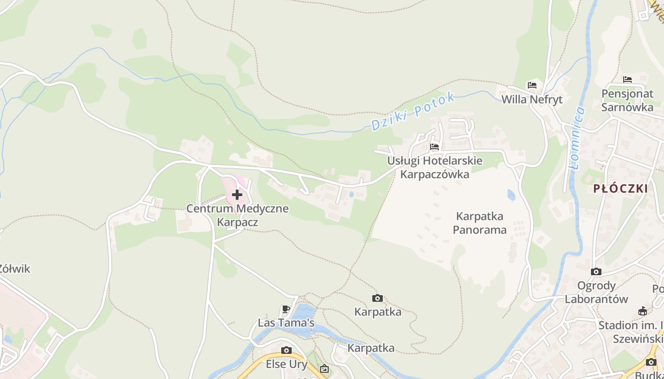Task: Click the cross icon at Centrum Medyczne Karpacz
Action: point(237,194)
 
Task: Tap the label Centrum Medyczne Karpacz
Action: point(237,215)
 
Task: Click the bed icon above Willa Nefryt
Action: point(532,85)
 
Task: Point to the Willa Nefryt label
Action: point(532,99)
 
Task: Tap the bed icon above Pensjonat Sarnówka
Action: point(627,79)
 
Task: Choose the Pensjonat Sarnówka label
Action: point(627,100)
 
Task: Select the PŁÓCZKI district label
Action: point(620,189)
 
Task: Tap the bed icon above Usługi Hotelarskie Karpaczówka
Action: point(434,146)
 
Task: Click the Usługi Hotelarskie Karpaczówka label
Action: point(434,167)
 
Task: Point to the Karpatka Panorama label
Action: point(480,223)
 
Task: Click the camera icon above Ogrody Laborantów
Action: point(596,272)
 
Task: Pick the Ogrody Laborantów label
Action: point(596,292)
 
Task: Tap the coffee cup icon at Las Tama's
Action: point(286,309)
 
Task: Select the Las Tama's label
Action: point(286,323)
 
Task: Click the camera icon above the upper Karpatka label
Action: point(378,298)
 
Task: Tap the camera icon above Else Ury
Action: point(286,350)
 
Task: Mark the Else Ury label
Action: point(286,364)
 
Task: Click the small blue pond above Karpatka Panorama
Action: point(511,195)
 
